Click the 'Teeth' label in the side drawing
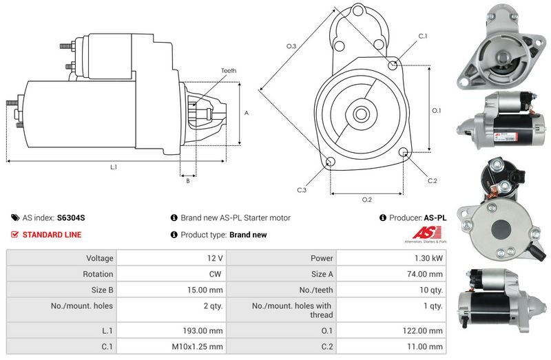(229, 71)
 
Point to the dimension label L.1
(114, 167)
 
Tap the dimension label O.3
(291, 46)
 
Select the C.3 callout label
(302, 189)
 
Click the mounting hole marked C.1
(393, 65)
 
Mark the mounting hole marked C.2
(404, 153)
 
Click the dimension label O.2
(367, 200)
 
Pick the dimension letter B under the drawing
(187, 181)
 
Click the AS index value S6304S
(71, 218)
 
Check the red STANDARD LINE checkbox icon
(15, 235)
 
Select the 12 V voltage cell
(216, 258)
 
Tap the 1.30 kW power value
(430, 258)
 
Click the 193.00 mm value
(205, 330)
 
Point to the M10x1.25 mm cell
(201, 347)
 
